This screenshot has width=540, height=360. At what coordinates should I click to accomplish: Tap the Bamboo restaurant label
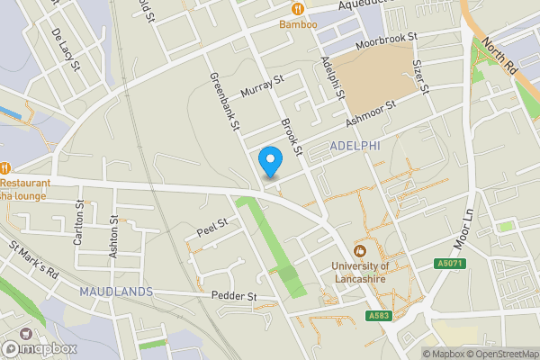[x=298, y=24]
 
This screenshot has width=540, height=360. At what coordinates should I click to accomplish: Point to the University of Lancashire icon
[x=360, y=250]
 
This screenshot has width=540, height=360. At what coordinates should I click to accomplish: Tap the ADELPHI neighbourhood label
[x=355, y=146]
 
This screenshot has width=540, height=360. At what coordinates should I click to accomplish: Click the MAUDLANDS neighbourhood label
[x=115, y=292]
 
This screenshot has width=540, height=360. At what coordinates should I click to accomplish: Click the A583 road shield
[x=379, y=316]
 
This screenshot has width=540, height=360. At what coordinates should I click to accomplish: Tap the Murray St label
[x=262, y=85]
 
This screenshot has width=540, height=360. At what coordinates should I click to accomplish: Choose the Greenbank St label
[x=222, y=103]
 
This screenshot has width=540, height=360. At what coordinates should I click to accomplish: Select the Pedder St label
[x=235, y=296]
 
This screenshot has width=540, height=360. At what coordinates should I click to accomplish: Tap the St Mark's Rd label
[x=33, y=258]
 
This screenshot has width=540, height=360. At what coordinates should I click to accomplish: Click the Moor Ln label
[x=463, y=230]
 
